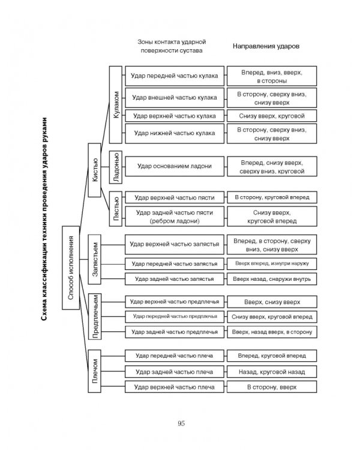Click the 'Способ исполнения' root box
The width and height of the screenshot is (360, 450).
tap(71, 268)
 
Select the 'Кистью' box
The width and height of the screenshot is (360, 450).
tap(94, 170)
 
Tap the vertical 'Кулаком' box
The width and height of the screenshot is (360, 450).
tap(116, 105)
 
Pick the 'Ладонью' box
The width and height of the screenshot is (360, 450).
tap(116, 167)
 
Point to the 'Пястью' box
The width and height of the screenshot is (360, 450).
tap(116, 209)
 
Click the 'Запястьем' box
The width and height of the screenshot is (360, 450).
tap(94, 259)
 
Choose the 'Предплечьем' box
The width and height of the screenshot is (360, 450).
tap(94, 316)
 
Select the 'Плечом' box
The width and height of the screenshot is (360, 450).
tap(94, 371)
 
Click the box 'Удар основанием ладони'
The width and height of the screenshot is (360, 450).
tap(175, 166)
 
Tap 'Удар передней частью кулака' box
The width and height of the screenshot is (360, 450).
tap(175, 76)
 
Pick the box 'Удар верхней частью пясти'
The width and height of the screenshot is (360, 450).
tap(175, 197)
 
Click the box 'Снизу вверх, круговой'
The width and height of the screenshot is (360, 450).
tap(272, 116)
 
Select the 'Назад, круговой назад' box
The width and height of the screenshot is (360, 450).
tap(272, 372)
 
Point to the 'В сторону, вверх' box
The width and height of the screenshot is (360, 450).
tap(272, 387)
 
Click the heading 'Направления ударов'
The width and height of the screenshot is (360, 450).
tap(266, 46)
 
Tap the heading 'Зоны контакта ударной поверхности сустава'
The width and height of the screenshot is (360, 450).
tap(172, 46)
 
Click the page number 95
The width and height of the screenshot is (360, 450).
tap(181, 424)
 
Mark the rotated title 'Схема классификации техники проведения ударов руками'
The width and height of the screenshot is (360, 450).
tap(44, 219)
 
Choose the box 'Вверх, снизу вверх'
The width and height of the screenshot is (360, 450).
tap(272, 302)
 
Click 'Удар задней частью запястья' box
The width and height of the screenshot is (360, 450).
tap(175, 279)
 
